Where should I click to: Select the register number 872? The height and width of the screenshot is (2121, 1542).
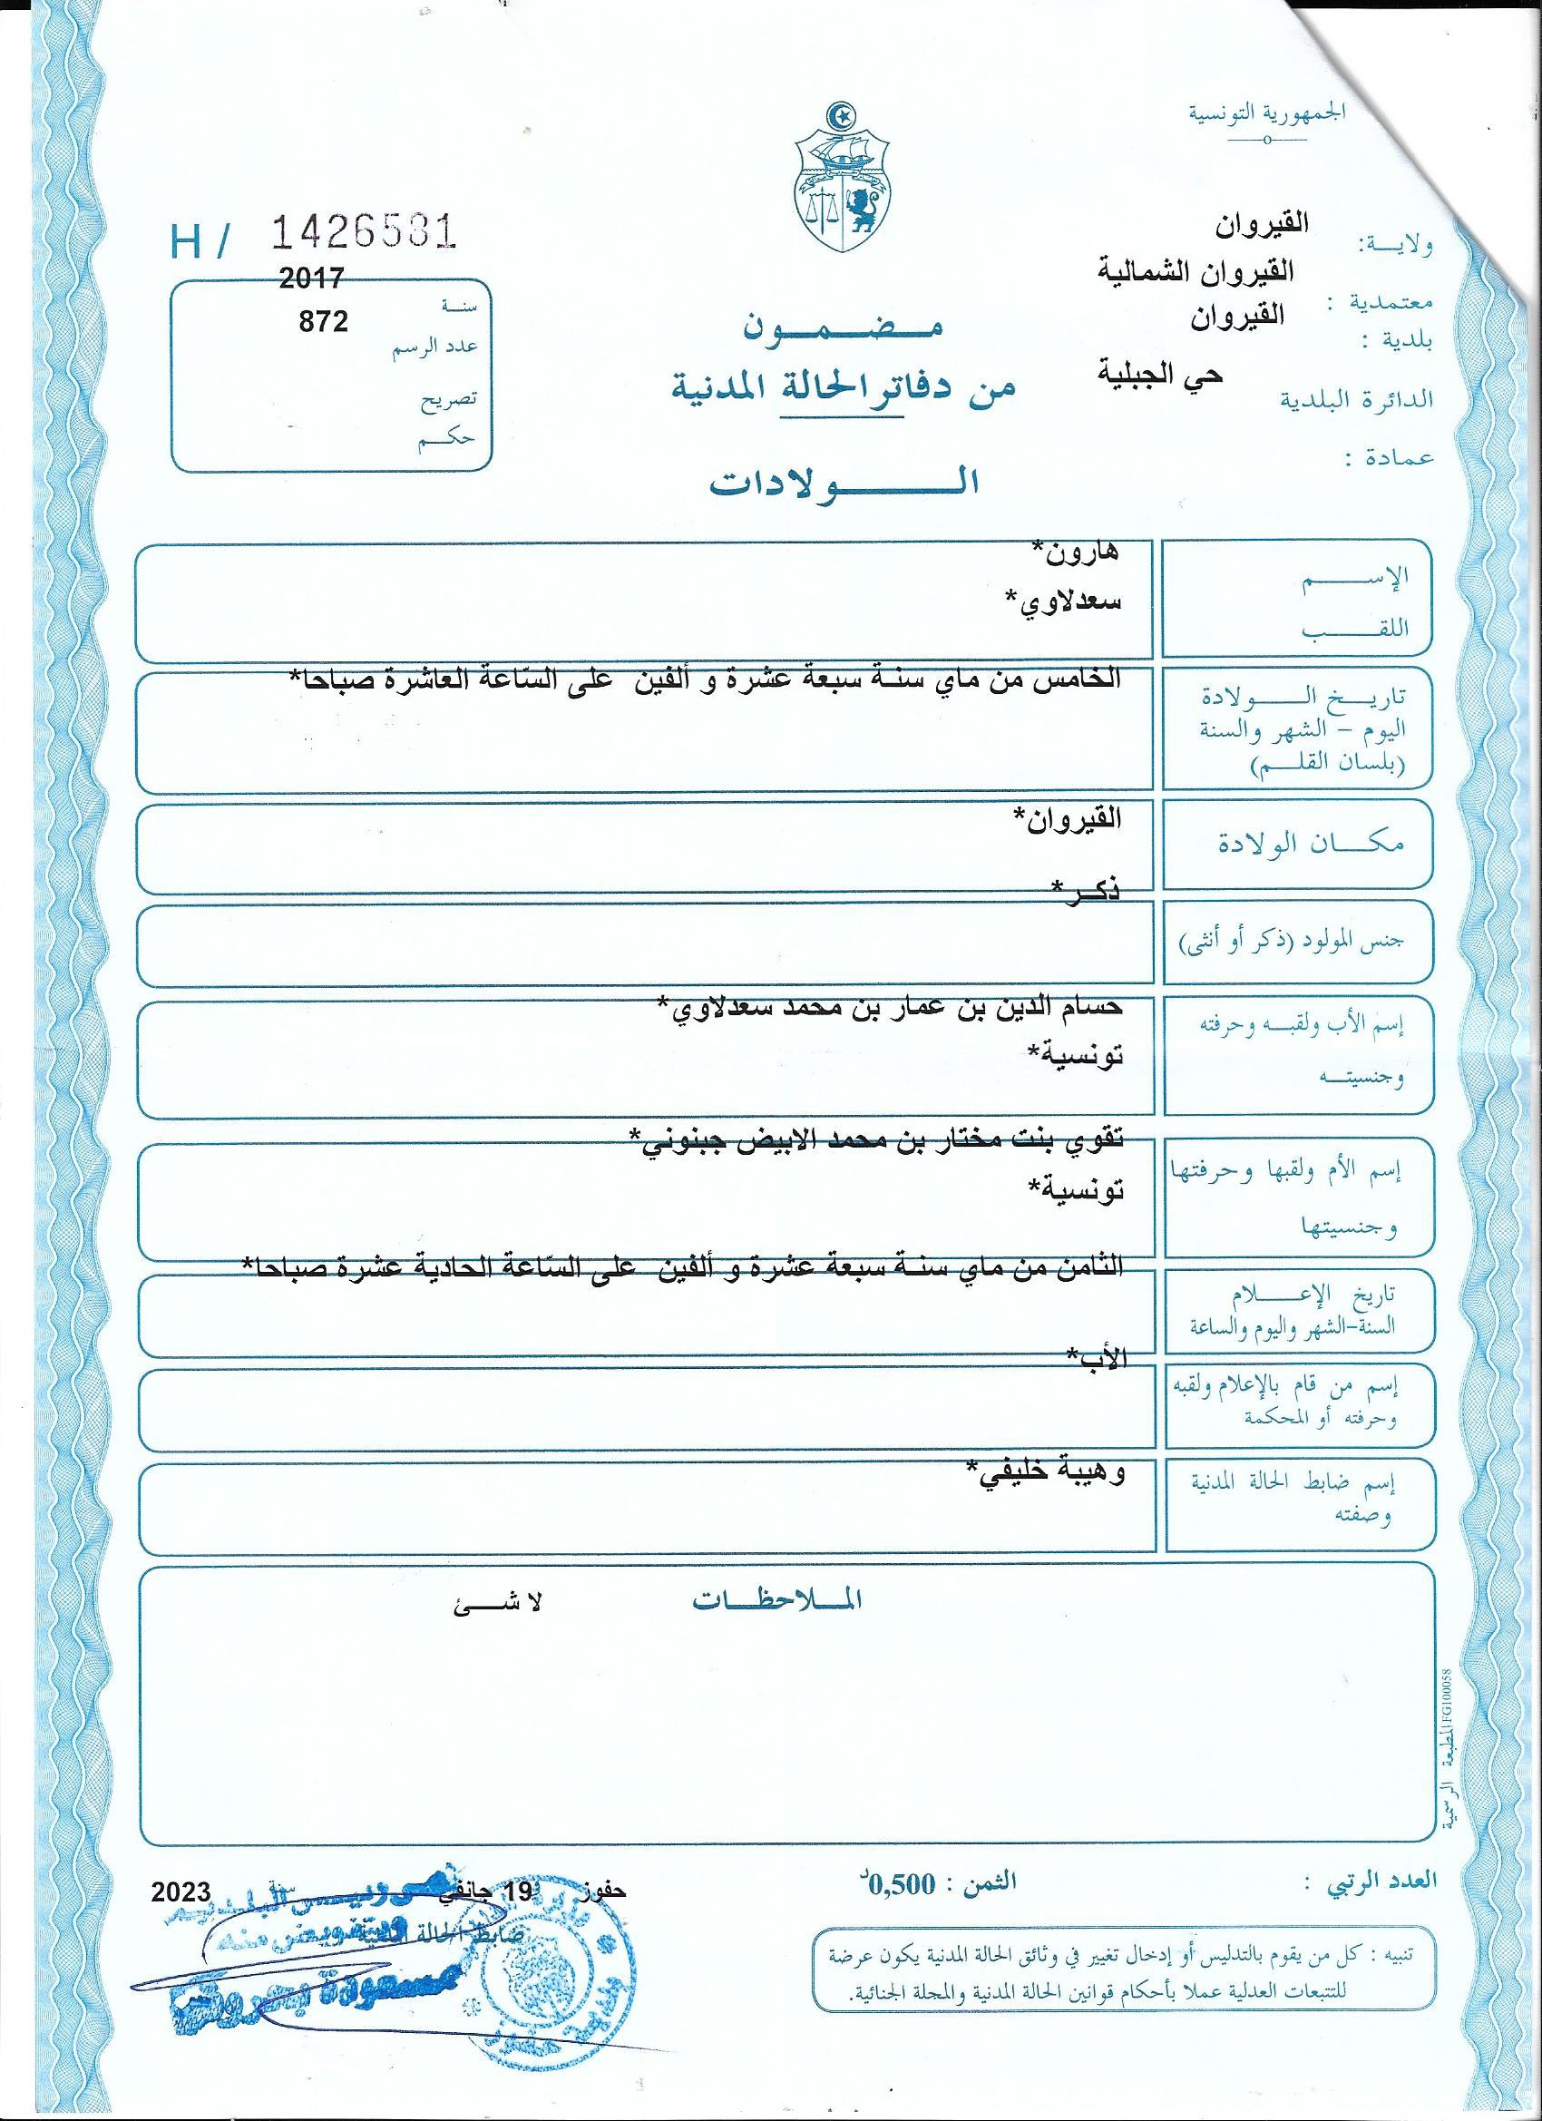click(x=323, y=322)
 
